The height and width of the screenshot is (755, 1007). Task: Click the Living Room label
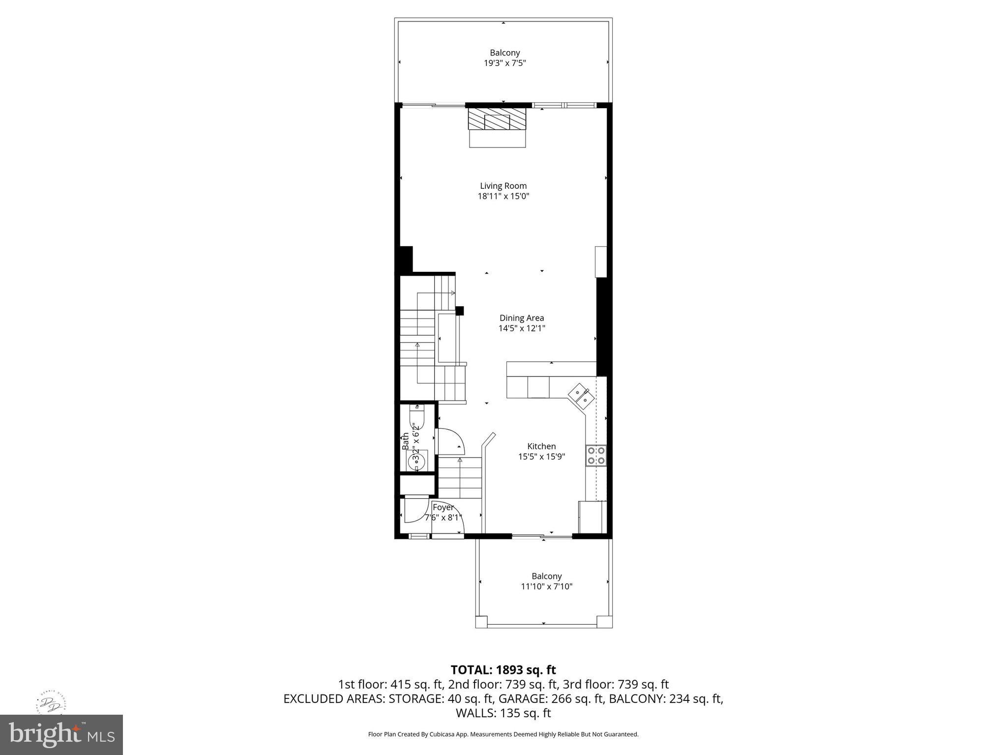[x=503, y=186]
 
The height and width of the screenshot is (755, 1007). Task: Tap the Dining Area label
[x=522, y=318]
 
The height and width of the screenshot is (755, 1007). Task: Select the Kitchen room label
[x=541, y=446]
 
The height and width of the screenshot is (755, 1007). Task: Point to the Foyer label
[x=443, y=507]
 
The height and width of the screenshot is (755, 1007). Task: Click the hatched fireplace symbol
[x=497, y=119]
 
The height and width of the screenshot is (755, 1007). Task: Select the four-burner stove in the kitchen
[x=595, y=455]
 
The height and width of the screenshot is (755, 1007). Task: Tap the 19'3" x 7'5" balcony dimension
[x=504, y=63]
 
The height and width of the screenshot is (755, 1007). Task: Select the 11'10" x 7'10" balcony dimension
[x=547, y=586]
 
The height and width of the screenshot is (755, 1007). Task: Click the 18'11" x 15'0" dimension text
[x=503, y=196]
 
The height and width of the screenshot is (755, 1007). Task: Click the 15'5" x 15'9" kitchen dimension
[x=541, y=457]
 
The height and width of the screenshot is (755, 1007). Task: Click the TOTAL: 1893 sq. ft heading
[x=503, y=670]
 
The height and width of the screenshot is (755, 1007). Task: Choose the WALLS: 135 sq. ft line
[x=503, y=713]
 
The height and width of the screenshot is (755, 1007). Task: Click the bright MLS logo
[x=61, y=734]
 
